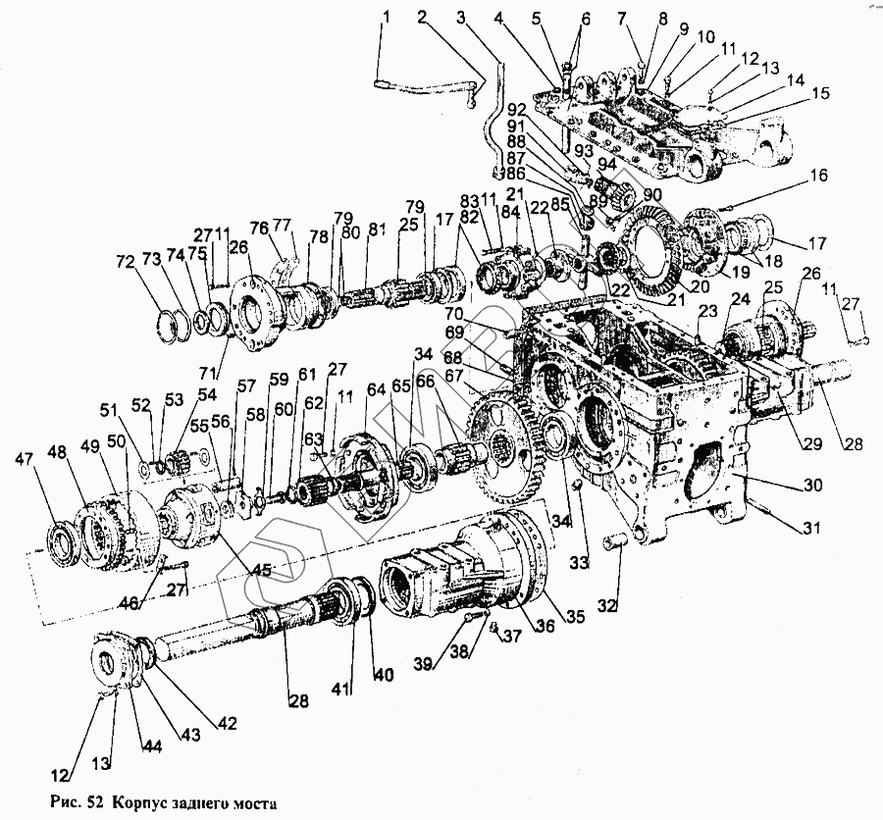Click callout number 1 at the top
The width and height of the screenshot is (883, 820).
click(x=387, y=16)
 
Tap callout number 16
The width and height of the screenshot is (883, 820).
click(x=818, y=177)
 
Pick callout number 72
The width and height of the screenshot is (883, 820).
click(x=124, y=263)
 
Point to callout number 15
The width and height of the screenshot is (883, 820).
click(x=819, y=93)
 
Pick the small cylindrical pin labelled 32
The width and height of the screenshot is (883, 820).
click(x=619, y=540)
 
